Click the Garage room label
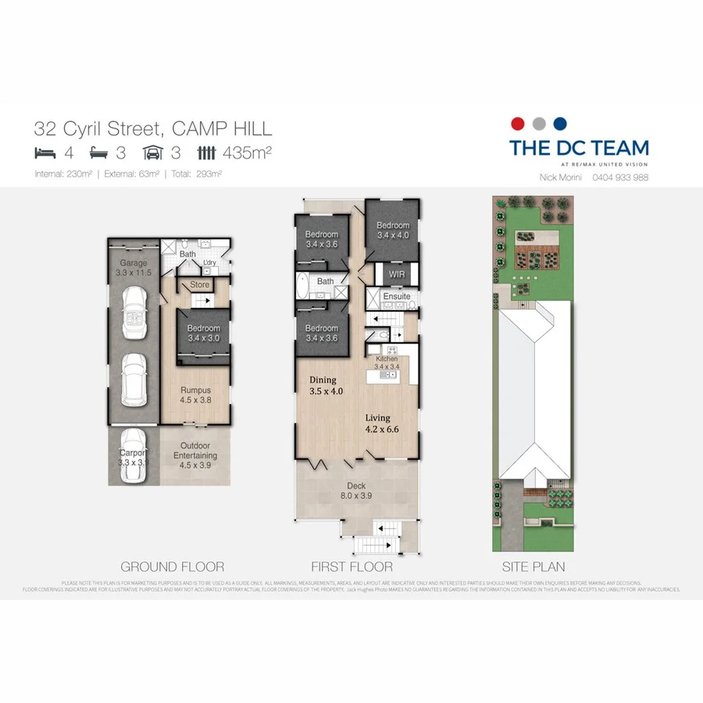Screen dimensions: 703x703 [133, 268]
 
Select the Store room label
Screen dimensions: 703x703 [200, 285]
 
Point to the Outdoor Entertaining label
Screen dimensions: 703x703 [195, 455]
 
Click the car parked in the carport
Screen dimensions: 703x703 [133, 457]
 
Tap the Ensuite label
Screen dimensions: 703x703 [396, 297]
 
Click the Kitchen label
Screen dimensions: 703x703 [386, 362]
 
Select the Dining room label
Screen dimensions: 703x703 [327, 385]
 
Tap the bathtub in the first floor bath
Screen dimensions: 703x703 [303, 287]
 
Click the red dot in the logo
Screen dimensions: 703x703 [516, 123]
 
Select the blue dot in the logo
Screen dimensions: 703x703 [558, 123]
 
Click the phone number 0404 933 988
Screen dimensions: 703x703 [620, 177]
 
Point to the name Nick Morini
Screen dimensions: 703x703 [561, 177]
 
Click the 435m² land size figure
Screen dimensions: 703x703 [247, 152]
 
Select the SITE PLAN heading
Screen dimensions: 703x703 [534, 567]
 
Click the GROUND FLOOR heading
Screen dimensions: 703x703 [172, 567]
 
